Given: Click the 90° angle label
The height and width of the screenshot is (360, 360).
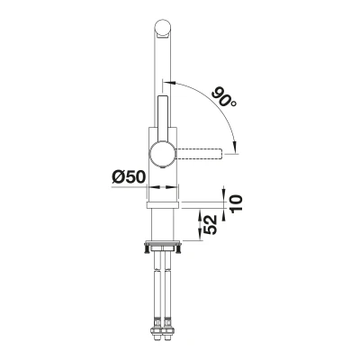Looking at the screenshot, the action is pos(224,97).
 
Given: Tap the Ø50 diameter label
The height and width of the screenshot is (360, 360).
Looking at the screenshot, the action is pos(129,177).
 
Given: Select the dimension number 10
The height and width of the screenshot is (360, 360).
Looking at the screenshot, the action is pos(236,203).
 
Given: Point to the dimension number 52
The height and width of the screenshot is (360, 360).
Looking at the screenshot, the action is pos(211,225).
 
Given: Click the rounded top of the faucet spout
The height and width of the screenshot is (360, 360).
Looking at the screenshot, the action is pos(163,29).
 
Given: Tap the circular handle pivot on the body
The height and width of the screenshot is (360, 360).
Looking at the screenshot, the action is pos(162,155).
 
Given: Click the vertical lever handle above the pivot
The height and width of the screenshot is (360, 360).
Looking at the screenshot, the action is pos(163,119).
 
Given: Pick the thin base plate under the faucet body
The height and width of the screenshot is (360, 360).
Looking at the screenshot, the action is pos(163,205).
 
